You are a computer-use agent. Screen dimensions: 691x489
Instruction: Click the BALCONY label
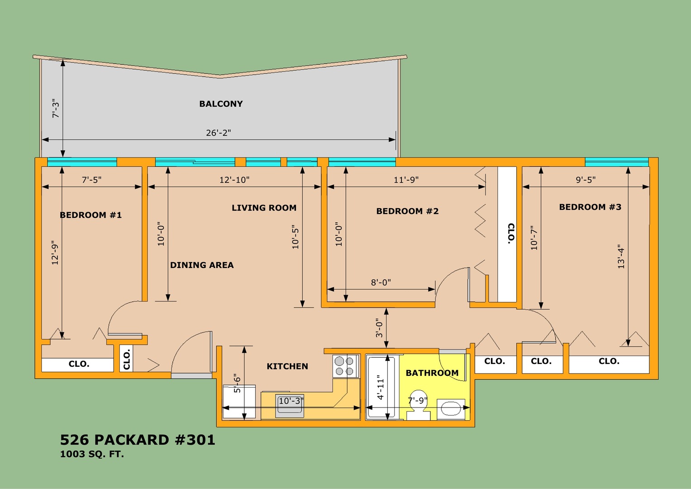221,104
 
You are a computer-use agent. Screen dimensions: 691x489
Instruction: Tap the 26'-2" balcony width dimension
219,133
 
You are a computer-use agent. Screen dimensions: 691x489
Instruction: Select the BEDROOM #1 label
91,215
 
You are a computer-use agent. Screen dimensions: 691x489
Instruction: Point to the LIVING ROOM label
264,208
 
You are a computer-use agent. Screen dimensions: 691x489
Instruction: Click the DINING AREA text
202,265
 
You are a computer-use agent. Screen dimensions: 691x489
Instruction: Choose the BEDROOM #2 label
407,211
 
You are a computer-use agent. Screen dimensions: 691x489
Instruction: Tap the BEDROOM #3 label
590,207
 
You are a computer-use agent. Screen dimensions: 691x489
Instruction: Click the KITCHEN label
287,366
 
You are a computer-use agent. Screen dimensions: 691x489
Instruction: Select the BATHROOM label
432,373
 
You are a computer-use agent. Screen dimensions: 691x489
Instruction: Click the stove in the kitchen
346,366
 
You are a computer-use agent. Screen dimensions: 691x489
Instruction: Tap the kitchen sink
289,406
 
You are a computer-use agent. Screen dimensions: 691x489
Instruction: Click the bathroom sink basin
451,409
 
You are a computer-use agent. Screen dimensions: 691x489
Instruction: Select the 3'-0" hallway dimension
379,328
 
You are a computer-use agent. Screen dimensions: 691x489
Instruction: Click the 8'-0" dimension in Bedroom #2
381,283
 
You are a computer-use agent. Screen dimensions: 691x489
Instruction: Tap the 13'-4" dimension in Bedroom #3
621,257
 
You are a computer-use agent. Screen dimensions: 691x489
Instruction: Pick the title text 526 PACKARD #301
138,440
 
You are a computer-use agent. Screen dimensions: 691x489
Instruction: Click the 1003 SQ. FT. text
92,454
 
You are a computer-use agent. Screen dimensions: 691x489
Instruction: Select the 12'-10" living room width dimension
234,180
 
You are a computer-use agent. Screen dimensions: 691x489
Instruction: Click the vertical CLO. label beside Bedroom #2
511,234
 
